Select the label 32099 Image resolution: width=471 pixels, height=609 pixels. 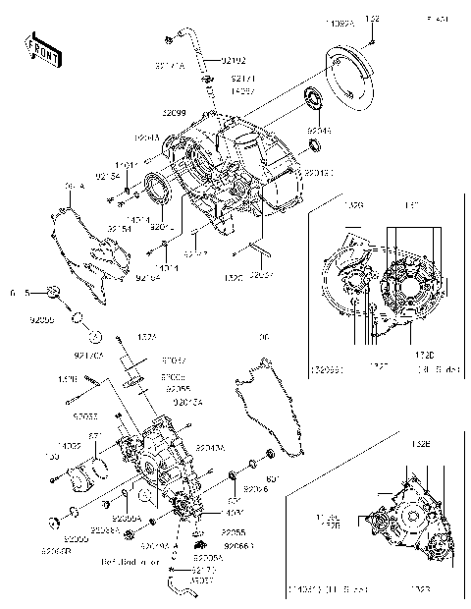click(175, 114)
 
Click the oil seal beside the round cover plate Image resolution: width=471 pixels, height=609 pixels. click(316, 98)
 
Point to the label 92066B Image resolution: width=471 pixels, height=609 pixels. click(57, 550)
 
